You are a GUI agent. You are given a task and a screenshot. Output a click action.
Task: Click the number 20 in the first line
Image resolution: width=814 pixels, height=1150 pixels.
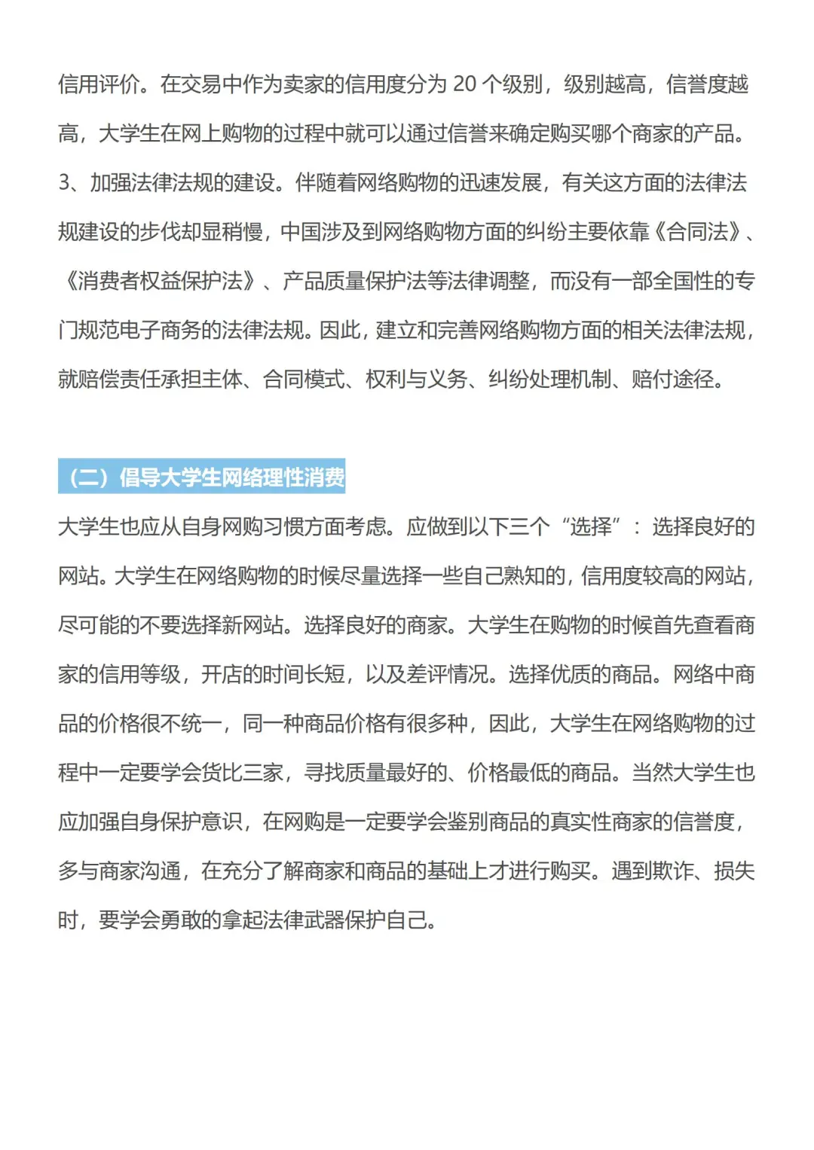coord(464,84)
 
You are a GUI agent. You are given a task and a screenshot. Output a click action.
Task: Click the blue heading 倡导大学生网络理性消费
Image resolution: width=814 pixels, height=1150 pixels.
coord(202,477)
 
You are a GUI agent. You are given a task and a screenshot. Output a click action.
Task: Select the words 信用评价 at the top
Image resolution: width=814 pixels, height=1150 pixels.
coord(99,84)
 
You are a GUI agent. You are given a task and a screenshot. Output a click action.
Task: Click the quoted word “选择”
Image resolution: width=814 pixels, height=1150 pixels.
coord(591,526)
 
